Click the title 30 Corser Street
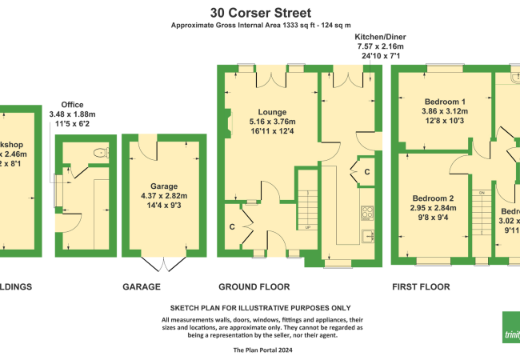(260, 13)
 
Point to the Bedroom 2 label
(434, 198)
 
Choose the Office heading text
(71, 104)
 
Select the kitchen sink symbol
(369, 235)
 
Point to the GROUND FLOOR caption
(254, 286)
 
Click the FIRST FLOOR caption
(421, 286)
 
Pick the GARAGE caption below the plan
(142, 286)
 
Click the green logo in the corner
(511, 332)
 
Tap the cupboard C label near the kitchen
(366, 172)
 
